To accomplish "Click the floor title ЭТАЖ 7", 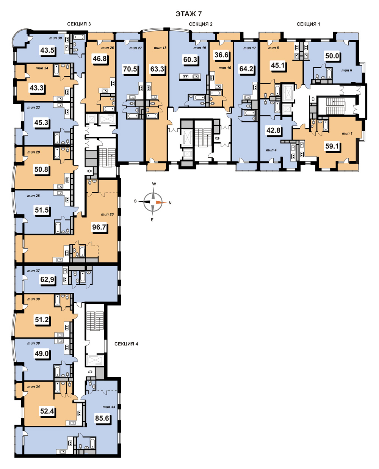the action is pyautogui.click(x=188, y=14).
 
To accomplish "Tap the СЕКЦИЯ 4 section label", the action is pyautogui.click(x=126, y=344).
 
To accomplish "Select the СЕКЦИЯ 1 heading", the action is pyautogui.click(x=308, y=24).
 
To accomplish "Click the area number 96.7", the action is pyautogui.click(x=99, y=227).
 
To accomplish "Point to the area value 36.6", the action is pyautogui.click(x=221, y=55).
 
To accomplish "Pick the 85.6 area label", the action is pyautogui.click(x=102, y=418).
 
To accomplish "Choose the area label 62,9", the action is pyautogui.click(x=47, y=279).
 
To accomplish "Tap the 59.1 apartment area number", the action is pyautogui.click(x=332, y=146).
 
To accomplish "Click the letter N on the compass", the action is pyautogui.click(x=170, y=203).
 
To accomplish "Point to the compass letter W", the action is pyautogui.click(x=154, y=184).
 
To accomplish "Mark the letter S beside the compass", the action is pyautogui.click(x=135, y=201).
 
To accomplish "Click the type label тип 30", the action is pyautogui.click(x=55, y=38).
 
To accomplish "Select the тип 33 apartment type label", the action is pyautogui.click(x=109, y=407).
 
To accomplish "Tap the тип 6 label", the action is pyautogui.click(x=347, y=70).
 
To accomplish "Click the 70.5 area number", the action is pyautogui.click(x=130, y=69).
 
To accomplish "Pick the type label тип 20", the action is pyautogui.click(x=107, y=214).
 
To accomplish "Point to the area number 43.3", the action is pyautogui.click(x=36, y=88).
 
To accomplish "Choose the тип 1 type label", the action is pyautogui.click(x=347, y=133).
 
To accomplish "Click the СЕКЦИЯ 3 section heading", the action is pyautogui.click(x=79, y=24).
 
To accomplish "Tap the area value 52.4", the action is pyautogui.click(x=47, y=411).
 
